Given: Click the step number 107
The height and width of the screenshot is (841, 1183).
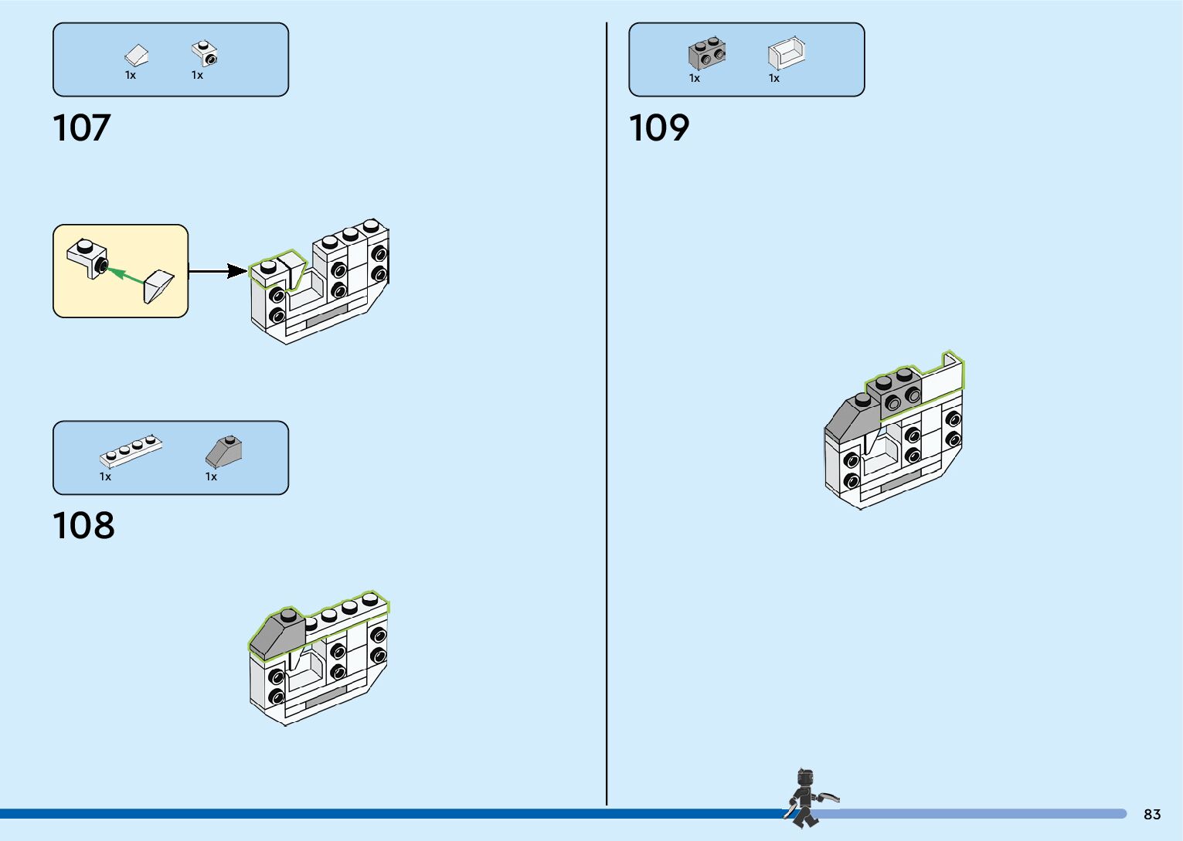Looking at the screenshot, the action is click(82, 128).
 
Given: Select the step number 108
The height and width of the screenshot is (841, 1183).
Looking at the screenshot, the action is click(83, 526).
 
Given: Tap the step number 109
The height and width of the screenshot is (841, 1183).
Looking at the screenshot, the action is click(658, 128).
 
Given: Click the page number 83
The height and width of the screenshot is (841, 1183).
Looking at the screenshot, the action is click(1152, 815).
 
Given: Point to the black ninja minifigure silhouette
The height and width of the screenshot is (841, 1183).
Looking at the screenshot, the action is click(806, 799).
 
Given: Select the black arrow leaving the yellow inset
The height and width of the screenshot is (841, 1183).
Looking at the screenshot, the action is click(217, 271).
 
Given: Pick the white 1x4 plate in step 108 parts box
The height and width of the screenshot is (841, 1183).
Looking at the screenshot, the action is click(131, 452).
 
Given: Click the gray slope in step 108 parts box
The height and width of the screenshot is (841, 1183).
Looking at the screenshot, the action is click(224, 452).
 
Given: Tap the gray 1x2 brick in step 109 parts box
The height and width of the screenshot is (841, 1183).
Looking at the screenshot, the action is click(707, 54).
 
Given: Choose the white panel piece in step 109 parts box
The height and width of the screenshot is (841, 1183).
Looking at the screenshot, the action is click(787, 53).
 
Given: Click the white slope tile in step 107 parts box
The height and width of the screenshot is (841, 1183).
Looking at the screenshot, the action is click(136, 56).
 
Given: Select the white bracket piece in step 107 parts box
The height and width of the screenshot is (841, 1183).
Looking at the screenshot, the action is click(205, 53).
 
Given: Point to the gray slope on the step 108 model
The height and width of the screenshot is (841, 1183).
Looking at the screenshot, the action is click(277, 635).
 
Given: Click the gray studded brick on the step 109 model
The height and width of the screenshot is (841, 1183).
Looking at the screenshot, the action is click(895, 391).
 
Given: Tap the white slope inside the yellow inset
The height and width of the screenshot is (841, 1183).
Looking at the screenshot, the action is click(159, 287).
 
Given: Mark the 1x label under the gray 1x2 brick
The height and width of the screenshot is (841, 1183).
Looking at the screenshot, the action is click(695, 78).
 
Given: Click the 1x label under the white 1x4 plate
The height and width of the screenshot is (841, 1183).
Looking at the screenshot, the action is click(105, 477).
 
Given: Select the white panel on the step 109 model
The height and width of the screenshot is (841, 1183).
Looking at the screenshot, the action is click(942, 378).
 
